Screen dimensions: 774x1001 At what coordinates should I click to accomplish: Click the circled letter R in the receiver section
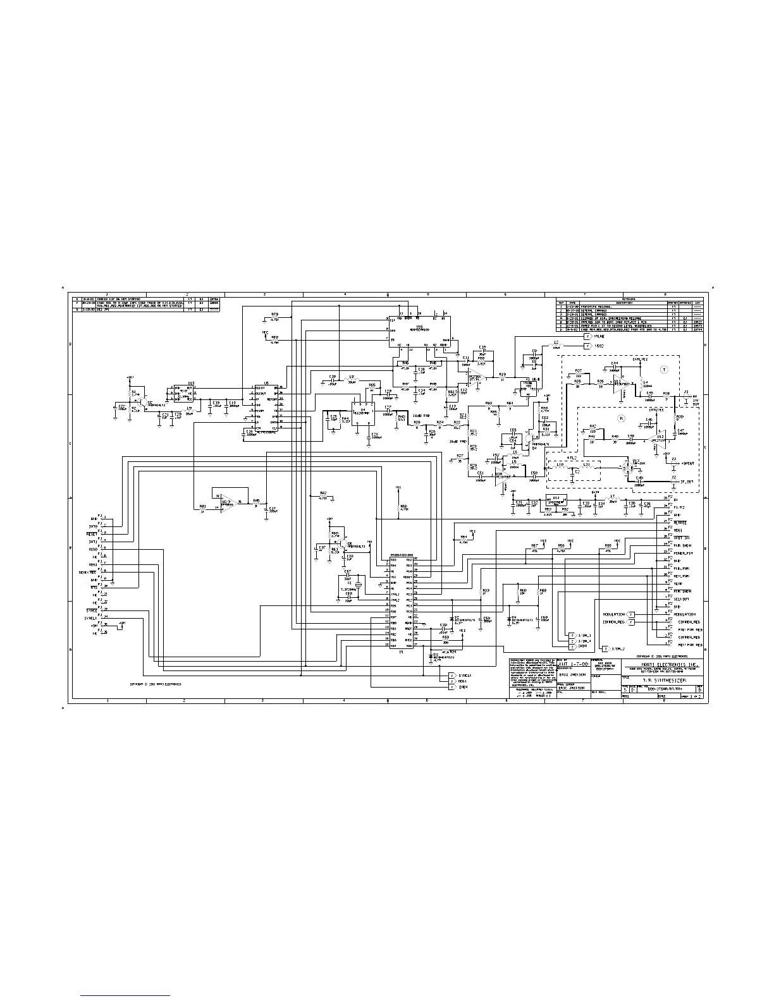click(621, 418)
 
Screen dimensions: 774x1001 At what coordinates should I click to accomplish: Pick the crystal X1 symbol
click(358, 585)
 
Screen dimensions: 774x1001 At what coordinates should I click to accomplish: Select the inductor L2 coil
click(556, 346)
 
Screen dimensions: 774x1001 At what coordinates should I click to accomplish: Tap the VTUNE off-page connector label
click(598, 337)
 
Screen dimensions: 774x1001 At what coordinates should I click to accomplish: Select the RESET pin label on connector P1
click(92, 534)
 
